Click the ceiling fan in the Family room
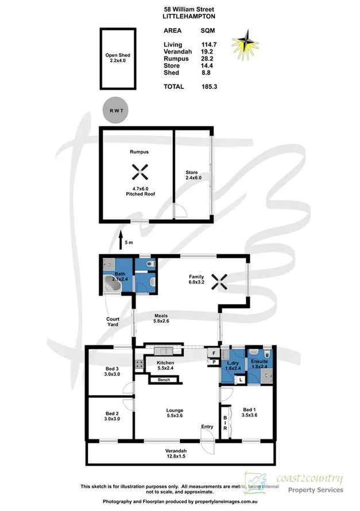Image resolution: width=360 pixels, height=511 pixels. coord(218,282)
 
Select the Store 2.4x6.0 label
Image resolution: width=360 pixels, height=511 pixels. coord(191,175)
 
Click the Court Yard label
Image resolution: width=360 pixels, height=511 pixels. coord(113,322)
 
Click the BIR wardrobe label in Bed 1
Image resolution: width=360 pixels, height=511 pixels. coord(225,423)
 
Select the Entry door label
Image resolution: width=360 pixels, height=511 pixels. coord(206,427)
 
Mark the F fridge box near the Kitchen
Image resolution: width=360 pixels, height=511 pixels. coord(214,353)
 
